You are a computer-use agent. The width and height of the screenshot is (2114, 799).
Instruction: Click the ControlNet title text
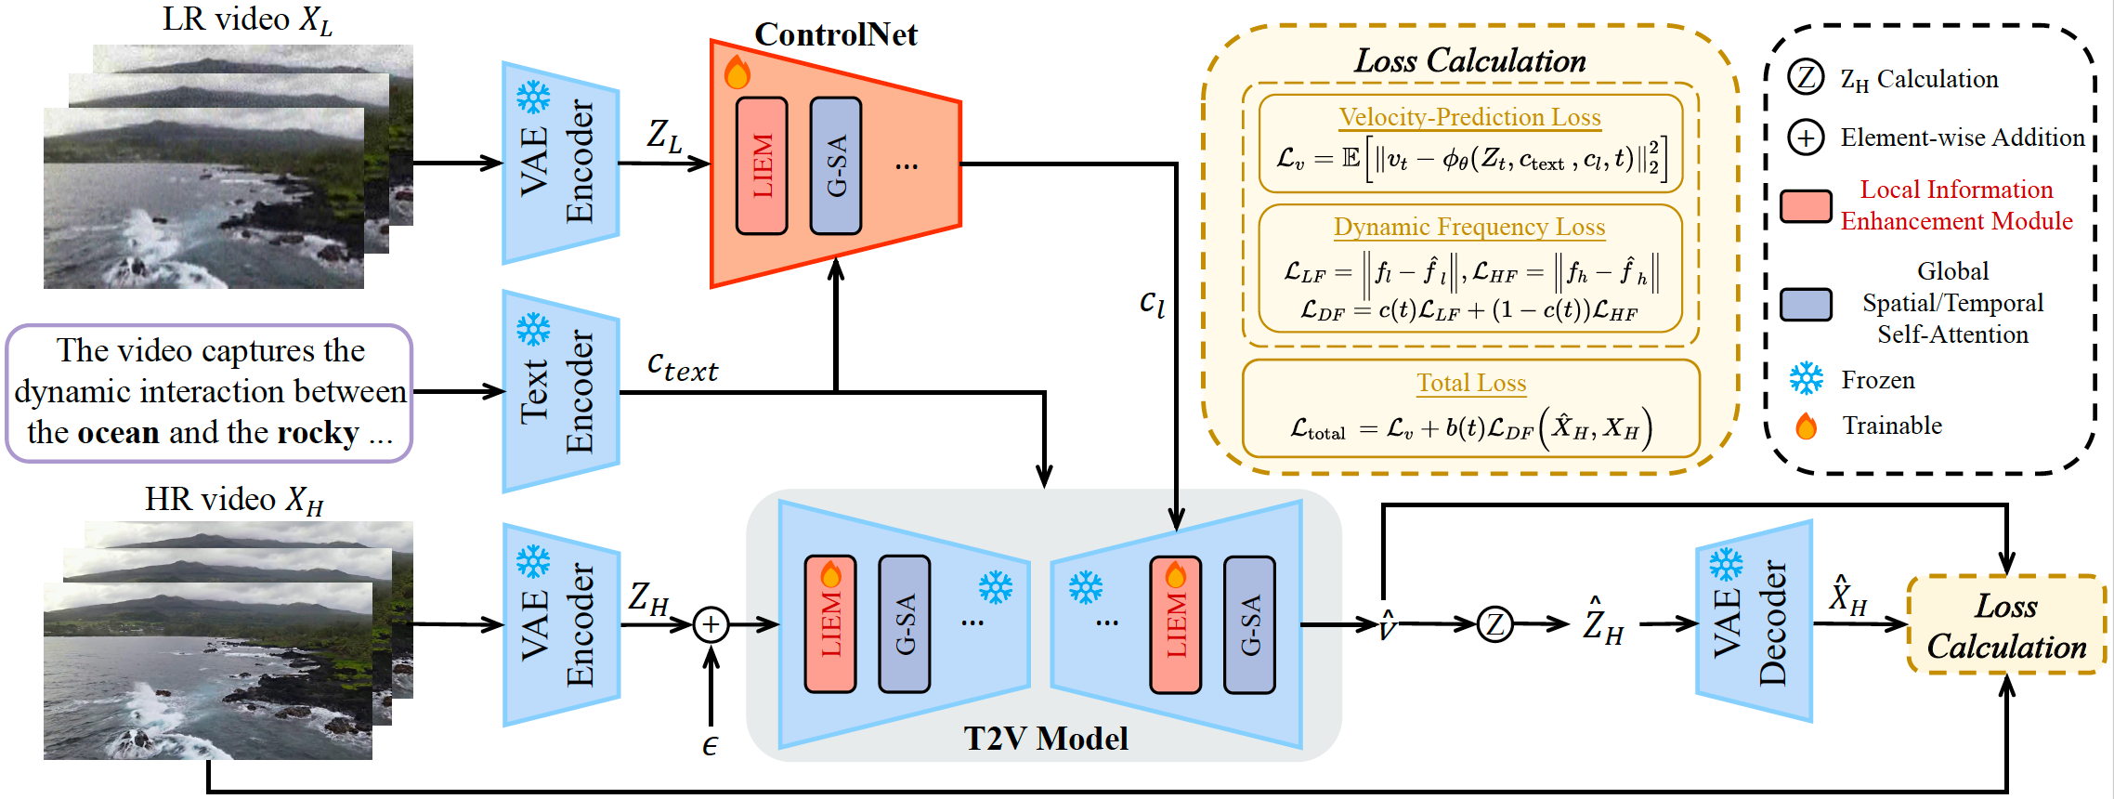click(x=835, y=34)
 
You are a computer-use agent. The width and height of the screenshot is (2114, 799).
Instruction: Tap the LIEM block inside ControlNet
click(x=762, y=165)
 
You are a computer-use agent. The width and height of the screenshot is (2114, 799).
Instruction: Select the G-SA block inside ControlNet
click(x=836, y=165)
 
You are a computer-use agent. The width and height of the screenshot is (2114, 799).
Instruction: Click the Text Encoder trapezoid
click(x=560, y=391)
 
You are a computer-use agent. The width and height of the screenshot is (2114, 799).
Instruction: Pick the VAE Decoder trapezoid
click(x=1754, y=622)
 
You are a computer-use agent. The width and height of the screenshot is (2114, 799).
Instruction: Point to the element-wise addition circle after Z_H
click(x=711, y=624)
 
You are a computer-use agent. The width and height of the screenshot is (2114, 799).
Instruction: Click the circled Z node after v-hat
click(x=1494, y=624)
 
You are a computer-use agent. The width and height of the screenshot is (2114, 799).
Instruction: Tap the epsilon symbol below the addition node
click(x=710, y=745)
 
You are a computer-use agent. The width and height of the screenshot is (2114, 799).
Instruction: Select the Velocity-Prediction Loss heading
click(x=1469, y=117)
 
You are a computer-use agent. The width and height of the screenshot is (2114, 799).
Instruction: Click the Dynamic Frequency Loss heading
click(x=1469, y=227)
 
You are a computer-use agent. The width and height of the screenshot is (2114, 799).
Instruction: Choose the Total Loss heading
click(x=1471, y=383)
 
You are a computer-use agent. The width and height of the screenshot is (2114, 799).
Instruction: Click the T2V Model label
click(x=1045, y=739)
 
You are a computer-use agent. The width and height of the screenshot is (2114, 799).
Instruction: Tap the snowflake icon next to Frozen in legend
click(x=1807, y=379)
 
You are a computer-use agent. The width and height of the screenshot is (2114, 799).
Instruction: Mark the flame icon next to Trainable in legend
click(x=1807, y=426)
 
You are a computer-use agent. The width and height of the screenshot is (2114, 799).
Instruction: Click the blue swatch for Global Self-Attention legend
click(x=1806, y=304)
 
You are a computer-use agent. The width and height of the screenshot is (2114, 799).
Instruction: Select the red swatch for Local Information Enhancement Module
click(x=1806, y=206)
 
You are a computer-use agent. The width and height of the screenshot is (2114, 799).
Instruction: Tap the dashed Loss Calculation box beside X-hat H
click(x=2006, y=625)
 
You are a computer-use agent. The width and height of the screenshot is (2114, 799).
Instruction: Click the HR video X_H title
click(x=234, y=500)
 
